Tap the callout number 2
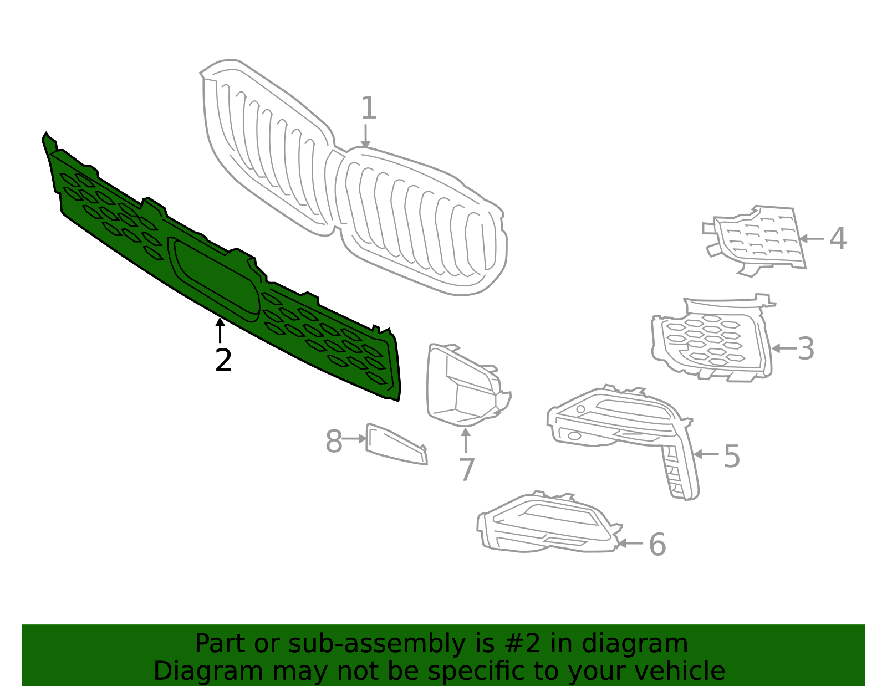[x=223, y=361]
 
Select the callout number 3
[x=806, y=348]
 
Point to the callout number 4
[x=838, y=238]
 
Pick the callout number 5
[x=732, y=456]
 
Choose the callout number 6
[x=657, y=544]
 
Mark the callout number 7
[x=467, y=470]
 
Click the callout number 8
[x=334, y=442]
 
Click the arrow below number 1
[x=365, y=136]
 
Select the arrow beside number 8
[x=354, y=439]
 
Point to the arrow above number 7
[x=466, y=440]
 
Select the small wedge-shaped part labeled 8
[x=395, y=444]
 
